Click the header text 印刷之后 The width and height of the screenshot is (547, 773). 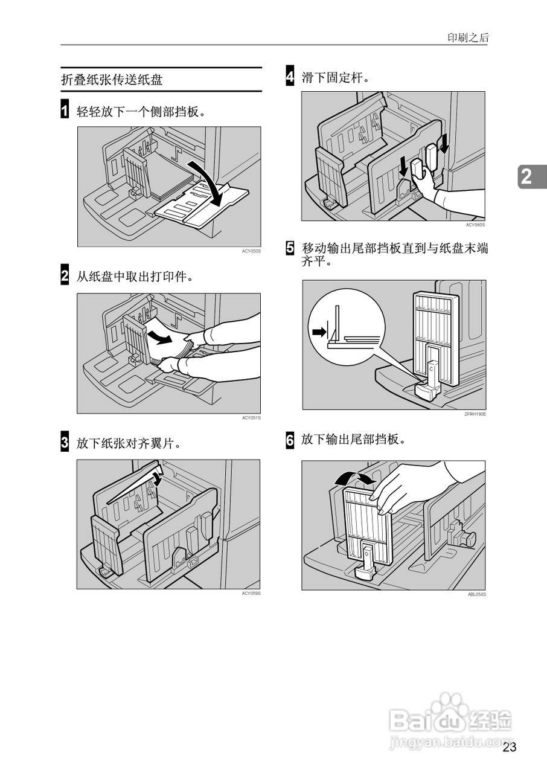point(468,37)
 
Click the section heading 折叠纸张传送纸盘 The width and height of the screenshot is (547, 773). point(112,80)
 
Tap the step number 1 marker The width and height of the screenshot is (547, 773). point(65,111)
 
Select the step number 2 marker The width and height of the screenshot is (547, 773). point(65,277)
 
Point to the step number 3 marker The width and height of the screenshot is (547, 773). point(65,443)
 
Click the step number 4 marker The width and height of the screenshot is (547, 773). point(290,77)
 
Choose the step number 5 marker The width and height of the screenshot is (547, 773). point(290,248)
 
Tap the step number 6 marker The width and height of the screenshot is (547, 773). point(290,440)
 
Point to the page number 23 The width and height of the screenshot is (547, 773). point(509,748)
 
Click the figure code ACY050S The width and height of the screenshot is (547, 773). point(251,251)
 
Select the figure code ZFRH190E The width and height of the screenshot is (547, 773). point(475,414)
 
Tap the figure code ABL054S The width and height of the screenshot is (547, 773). point(476,594)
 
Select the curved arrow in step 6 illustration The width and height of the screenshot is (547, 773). point(355,478)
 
